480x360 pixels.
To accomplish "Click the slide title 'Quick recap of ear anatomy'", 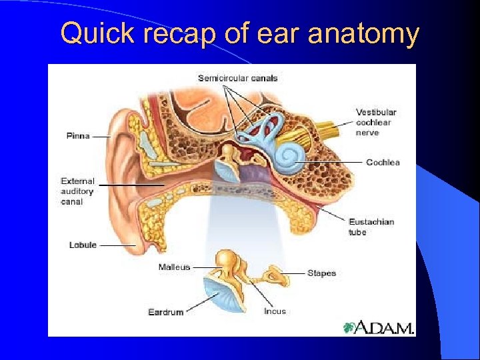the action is tap(239, 33).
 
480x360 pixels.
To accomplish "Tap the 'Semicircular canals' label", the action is tap(237, 78).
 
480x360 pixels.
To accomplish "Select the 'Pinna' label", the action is tap(78, 136).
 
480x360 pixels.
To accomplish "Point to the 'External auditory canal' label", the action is tap(78, 191).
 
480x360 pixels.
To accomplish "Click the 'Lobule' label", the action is tap(83, 245).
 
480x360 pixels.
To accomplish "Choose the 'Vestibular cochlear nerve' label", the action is tap(376, 123).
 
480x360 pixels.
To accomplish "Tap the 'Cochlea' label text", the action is tap(383, 162).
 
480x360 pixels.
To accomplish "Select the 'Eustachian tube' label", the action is tap(371, 227).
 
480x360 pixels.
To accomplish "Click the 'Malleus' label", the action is tap(174, 267).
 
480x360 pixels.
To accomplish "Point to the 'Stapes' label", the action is tap(321, 273).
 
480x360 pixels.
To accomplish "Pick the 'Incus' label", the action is tap(275, 311).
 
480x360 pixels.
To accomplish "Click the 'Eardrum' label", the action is tap(165, 311).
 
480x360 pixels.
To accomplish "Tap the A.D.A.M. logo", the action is tap(378, 327).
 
